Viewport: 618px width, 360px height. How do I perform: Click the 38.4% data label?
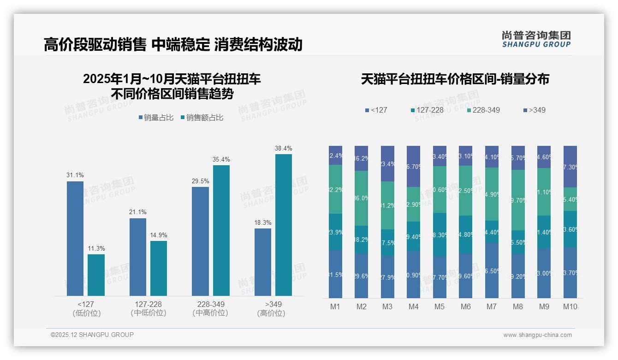pyautogui.click(x=283, y=149)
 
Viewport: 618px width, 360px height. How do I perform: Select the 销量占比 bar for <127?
pyautogui.click(x=75, y=238)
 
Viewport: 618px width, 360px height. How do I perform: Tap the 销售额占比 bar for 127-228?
pyautogui.click(x=159, y=268)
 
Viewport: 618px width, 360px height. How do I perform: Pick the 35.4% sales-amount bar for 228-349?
pyautogui.click(x=221, y=230)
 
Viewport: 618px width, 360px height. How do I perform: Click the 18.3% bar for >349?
pyautogui.click(x=263, y=262)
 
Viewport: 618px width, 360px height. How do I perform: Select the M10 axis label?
pyautogui.click(x=570, y=306)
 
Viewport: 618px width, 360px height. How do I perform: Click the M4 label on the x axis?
pyautogui.click(x=413, y=306)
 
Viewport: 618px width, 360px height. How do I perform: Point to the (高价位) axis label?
pyautogui.click(x=271, y=313)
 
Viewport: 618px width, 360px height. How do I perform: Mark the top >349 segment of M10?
pyautogui.click(x=570, y=167)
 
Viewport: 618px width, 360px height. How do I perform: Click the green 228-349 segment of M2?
pyautogui.click(x=361, y=198)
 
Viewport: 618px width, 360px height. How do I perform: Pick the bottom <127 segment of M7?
pyautogui.click(x=492, y=270)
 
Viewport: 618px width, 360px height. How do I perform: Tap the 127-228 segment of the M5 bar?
pyautogui.click(x=440, y=234)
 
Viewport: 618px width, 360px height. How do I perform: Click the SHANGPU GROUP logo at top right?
pyautogui.click(x=536, y=39)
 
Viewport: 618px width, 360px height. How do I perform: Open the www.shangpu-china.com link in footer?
pyautogui.click(x=537, y=335)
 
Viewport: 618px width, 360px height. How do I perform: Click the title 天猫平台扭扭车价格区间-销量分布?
pyautogui.click(x=455, y=79)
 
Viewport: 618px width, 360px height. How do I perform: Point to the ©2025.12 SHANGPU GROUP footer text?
pyautogui.click(x=92, y=335)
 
